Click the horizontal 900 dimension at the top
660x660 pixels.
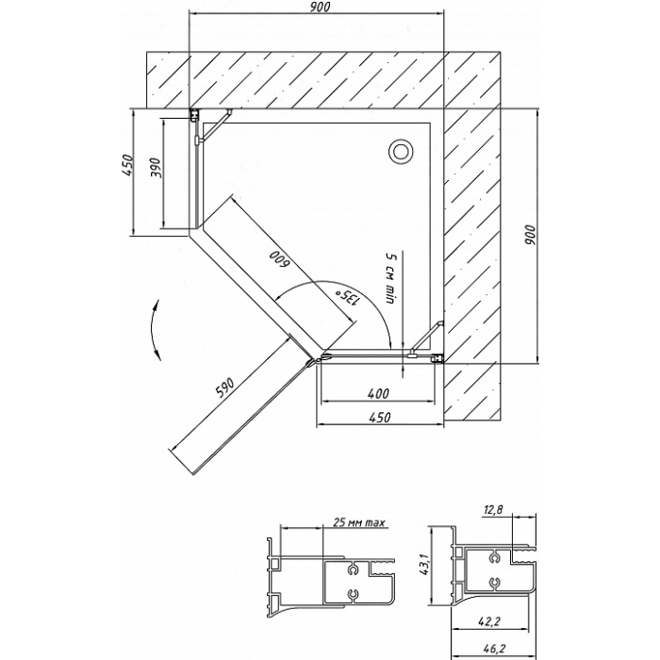click(x=321, y=8)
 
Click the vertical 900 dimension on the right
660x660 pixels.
click(x=531, y=236)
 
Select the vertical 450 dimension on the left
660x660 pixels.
click(x=127, y=165)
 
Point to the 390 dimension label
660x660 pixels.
click(x=155, y=168)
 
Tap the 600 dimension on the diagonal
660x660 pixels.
click(x=279, y=259)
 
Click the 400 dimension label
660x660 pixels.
click(x=378, y=393)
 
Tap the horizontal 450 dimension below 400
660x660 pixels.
click(x=380, y=417)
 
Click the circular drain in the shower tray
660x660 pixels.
click(x=401, y=151)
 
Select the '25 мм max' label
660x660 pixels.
click(x=359, y=522)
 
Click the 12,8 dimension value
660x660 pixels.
click(x=493, y=510)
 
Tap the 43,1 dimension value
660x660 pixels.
click(x=424, y=565)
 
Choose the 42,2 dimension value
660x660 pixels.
click(x=489, y=620)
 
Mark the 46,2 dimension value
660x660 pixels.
click(x=489, y=650)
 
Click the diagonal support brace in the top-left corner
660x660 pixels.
click(x=216, y=124)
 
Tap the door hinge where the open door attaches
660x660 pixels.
click(x=312, y=362)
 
